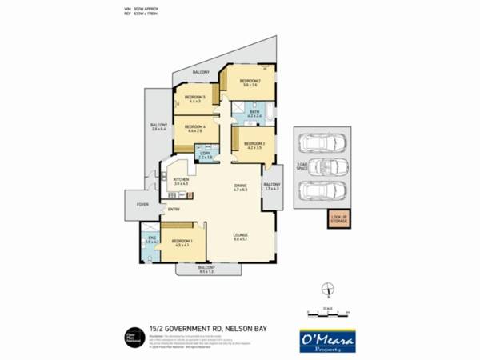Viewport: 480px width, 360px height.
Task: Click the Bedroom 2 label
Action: (250, 82)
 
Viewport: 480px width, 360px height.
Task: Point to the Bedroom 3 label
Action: (254, 144)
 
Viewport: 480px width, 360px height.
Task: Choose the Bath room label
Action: (255, 113)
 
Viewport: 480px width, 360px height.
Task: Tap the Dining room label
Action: (240, 187)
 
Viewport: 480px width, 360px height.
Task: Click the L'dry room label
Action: (206, 155)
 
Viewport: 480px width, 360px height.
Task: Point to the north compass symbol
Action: (326, 290)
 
